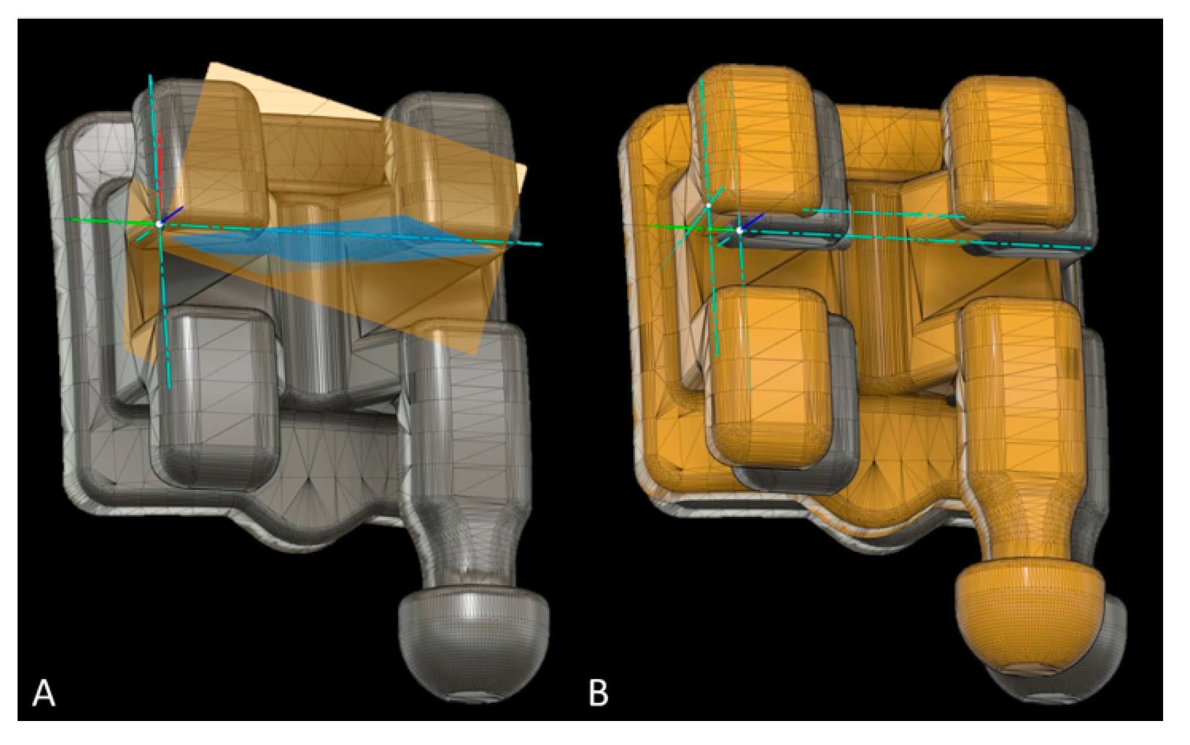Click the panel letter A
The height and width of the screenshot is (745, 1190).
coord(44,693)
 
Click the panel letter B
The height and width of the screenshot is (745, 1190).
coord(598,693)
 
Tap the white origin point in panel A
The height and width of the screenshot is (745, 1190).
coord(159,224)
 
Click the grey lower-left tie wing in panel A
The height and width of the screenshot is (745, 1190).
coord(214,398)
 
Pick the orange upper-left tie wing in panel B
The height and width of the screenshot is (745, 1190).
coord(755,140)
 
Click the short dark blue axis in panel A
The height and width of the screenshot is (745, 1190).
coord(173,214)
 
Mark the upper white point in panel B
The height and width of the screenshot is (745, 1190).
coord(709,205)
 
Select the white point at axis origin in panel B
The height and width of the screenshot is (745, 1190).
coord(740,231)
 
